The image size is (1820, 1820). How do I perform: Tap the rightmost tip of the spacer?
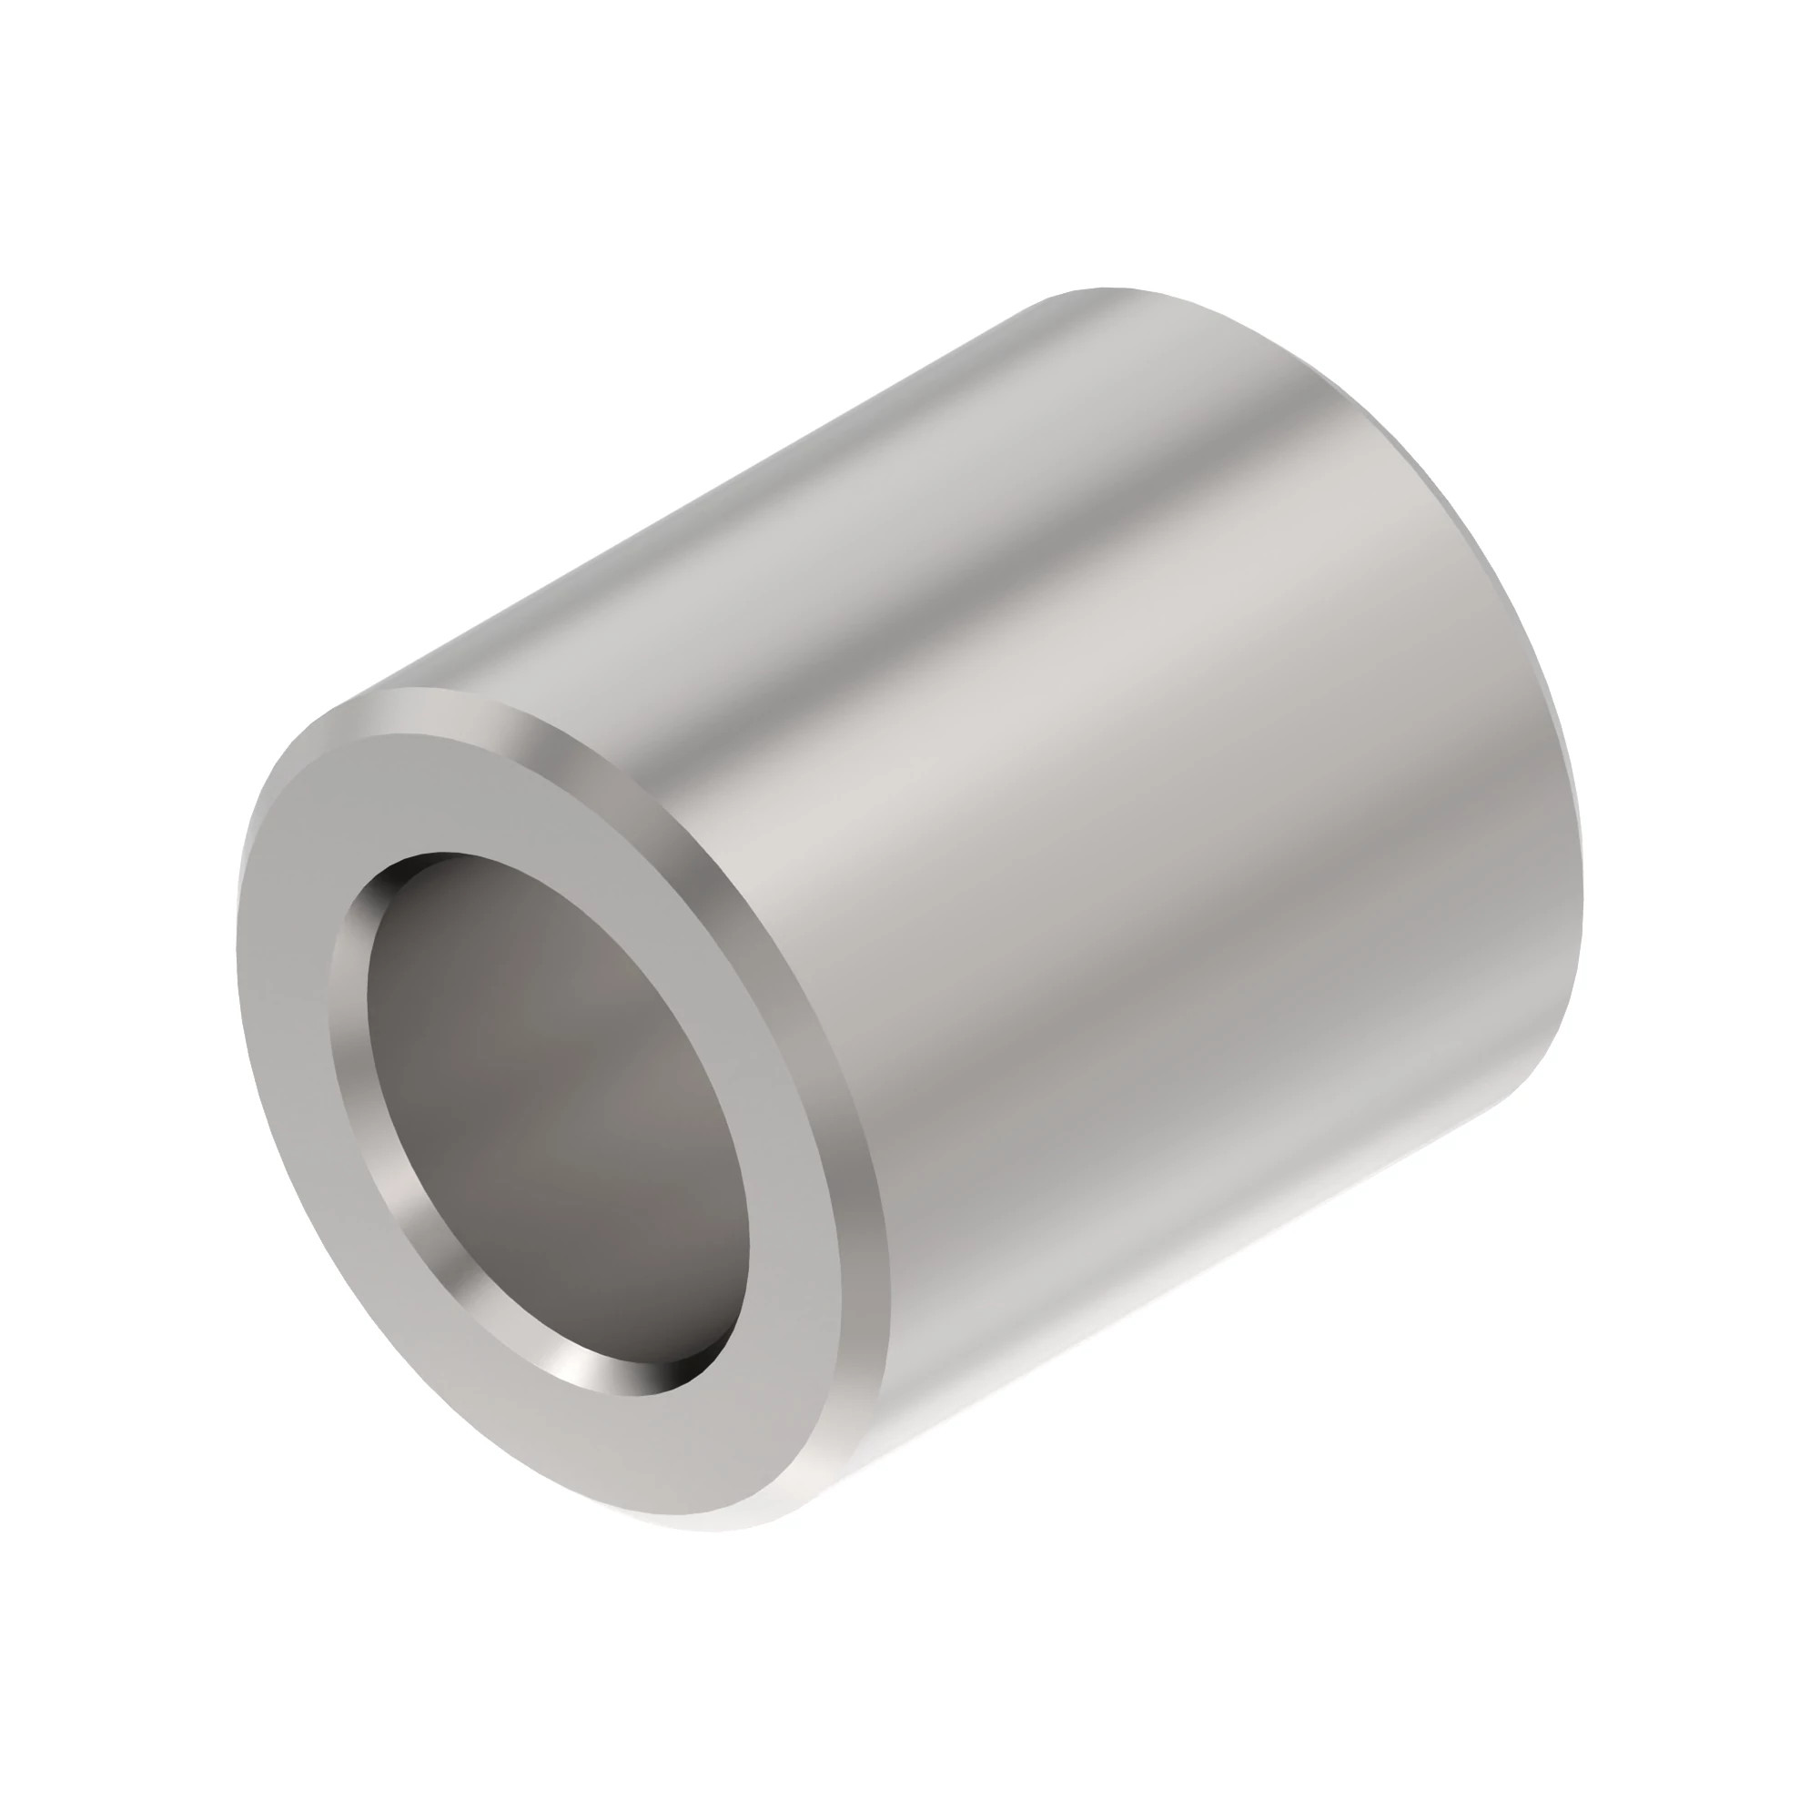(1582, 905)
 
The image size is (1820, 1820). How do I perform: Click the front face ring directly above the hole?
(471, 792)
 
